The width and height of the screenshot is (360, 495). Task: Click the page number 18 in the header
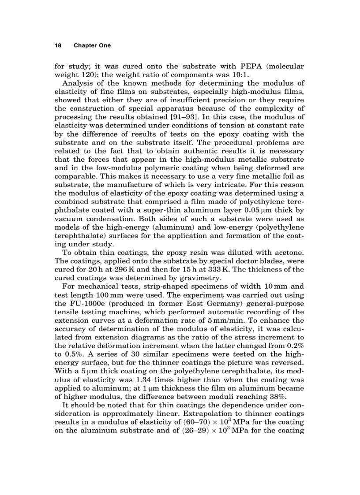[57, 45]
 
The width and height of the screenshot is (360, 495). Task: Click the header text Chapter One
[92, 45]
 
